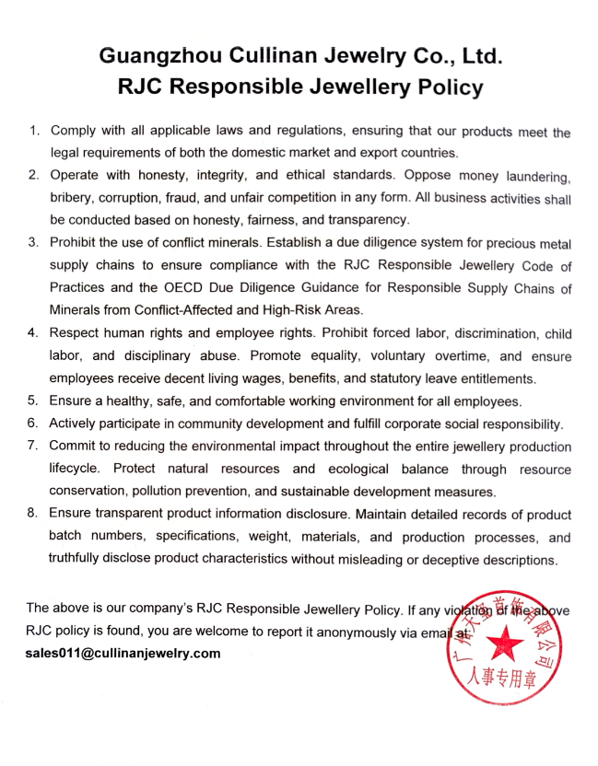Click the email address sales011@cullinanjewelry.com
coord(123,653)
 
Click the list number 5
coord(32,400)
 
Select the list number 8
coord(32,514)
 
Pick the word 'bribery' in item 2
coord(73,198)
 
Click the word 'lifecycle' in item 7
coord(77,469)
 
